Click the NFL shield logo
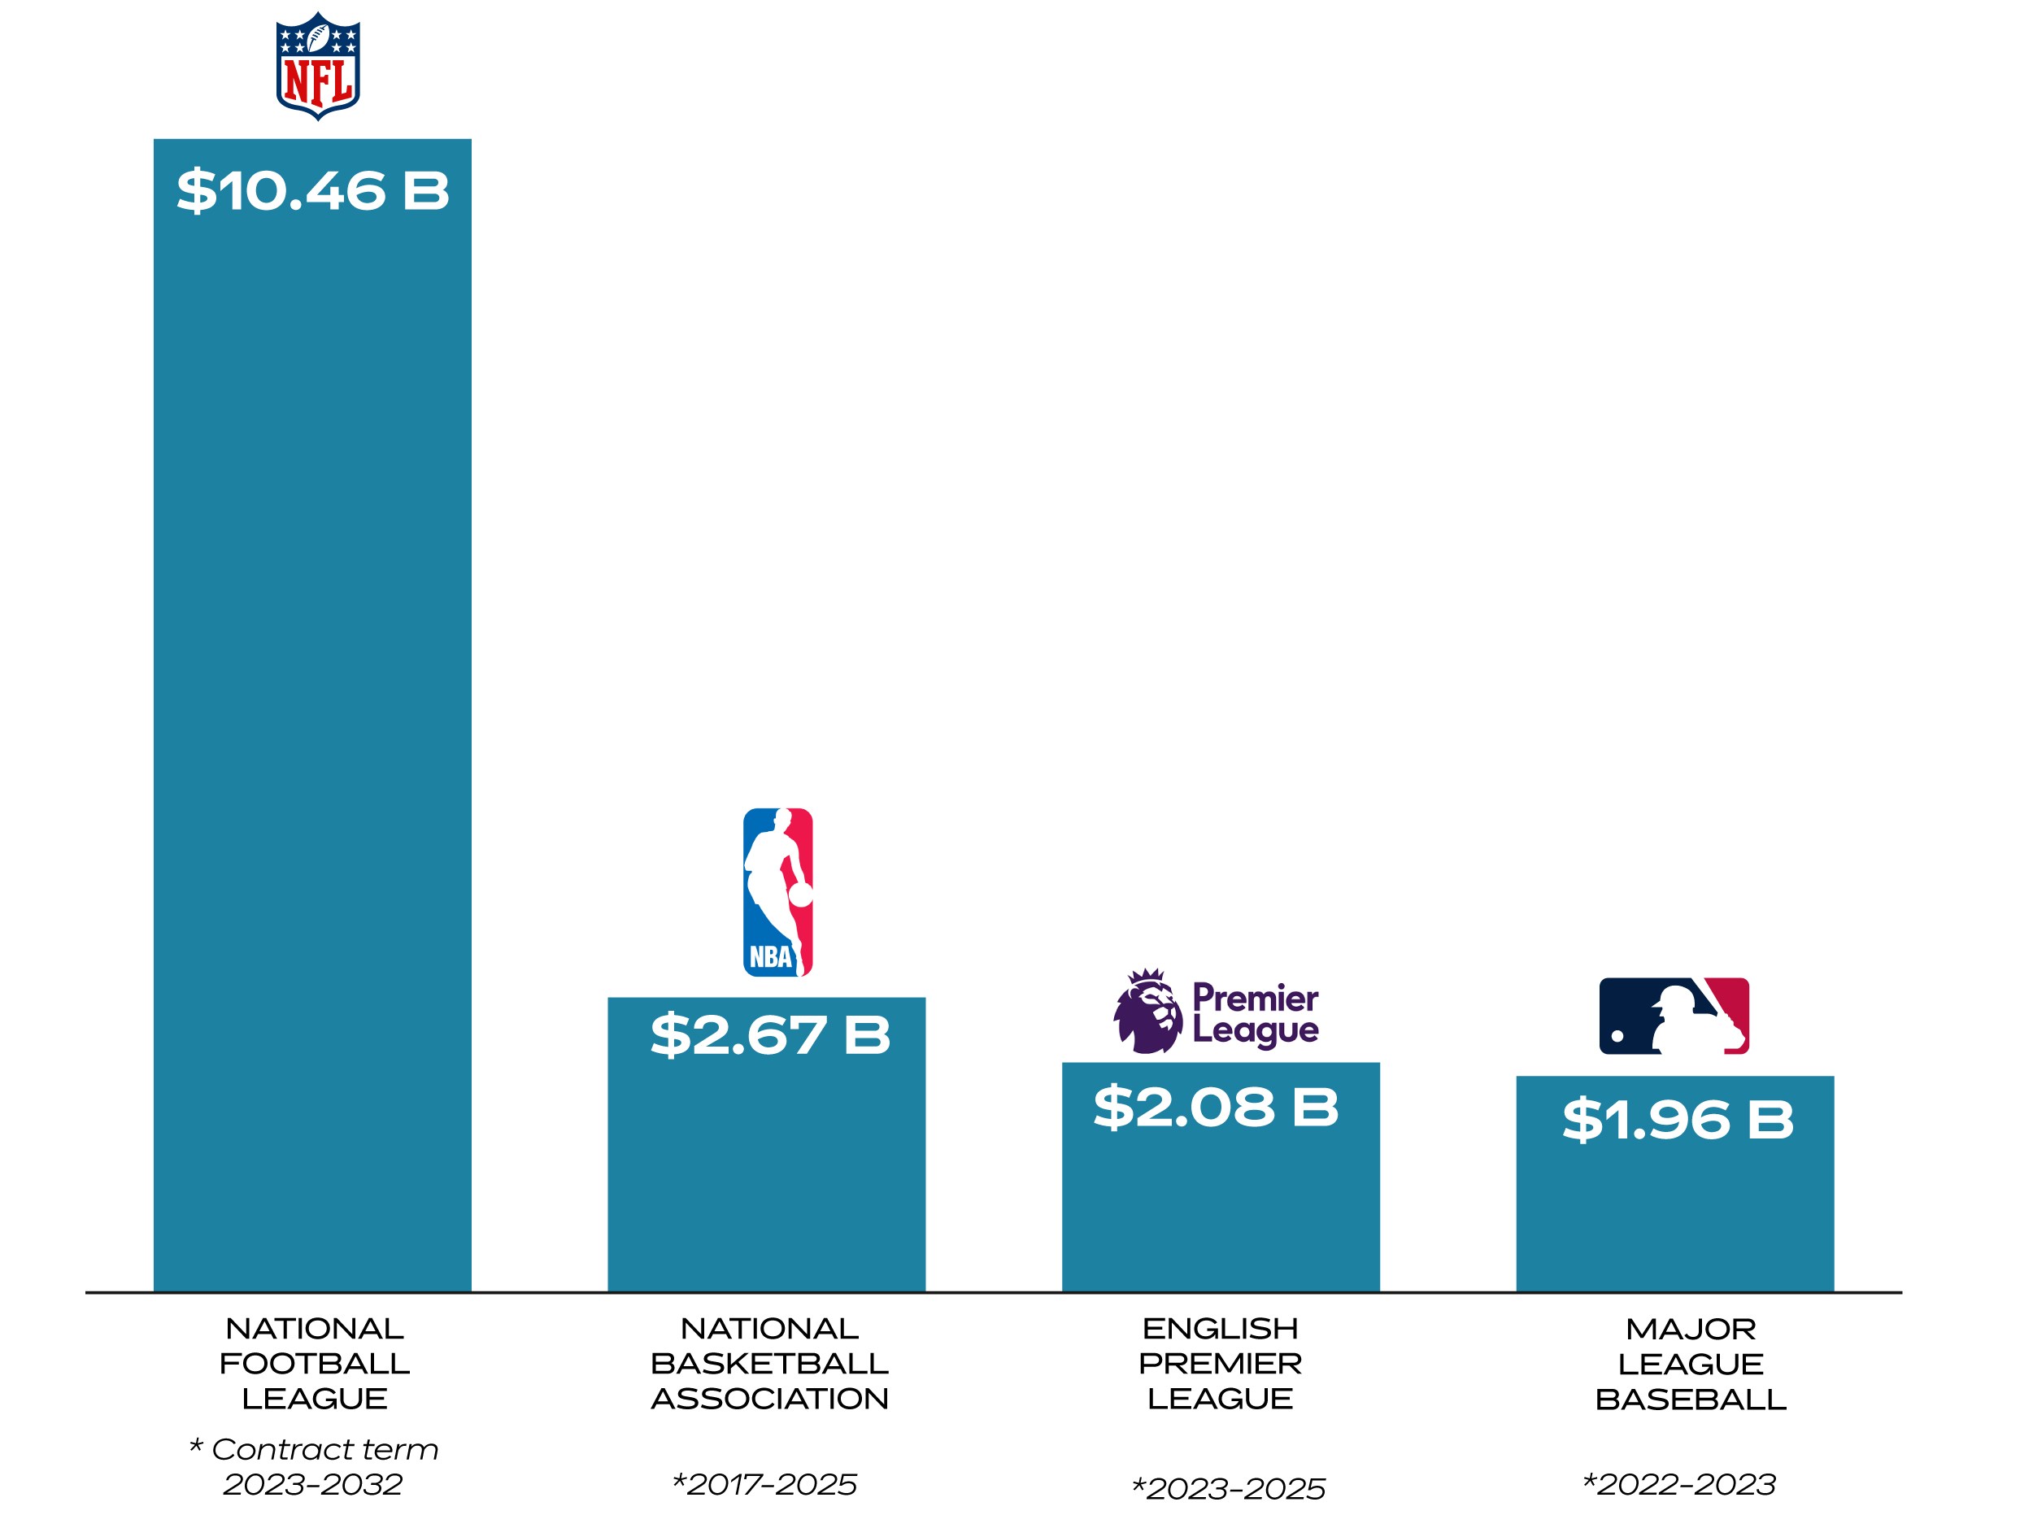click(317, 65)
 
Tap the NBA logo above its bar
click(777, 891)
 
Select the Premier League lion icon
click(1147, 1011)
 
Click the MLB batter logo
click(1674, 1015)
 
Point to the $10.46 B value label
click(313, 191)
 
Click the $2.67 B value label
click(769, 1034)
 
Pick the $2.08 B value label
click(1216, 1106)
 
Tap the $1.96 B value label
click(1677, 1119)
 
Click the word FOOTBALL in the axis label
click(315, 1364)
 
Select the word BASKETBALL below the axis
click(769, 1364)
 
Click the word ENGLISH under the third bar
click(1220, 1328)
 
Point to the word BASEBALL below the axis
click(1690, 1400)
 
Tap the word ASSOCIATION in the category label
click(769, 1399)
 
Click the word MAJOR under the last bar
click(1690, 1329)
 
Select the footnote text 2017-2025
click(771, 1484)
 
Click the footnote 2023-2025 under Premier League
click(1235, 1487)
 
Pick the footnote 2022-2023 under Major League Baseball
click(1687, 1484)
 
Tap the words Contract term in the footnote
click(324, 1449)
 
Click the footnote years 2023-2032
click(313, 1484)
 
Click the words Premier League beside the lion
click(1255, 1014)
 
